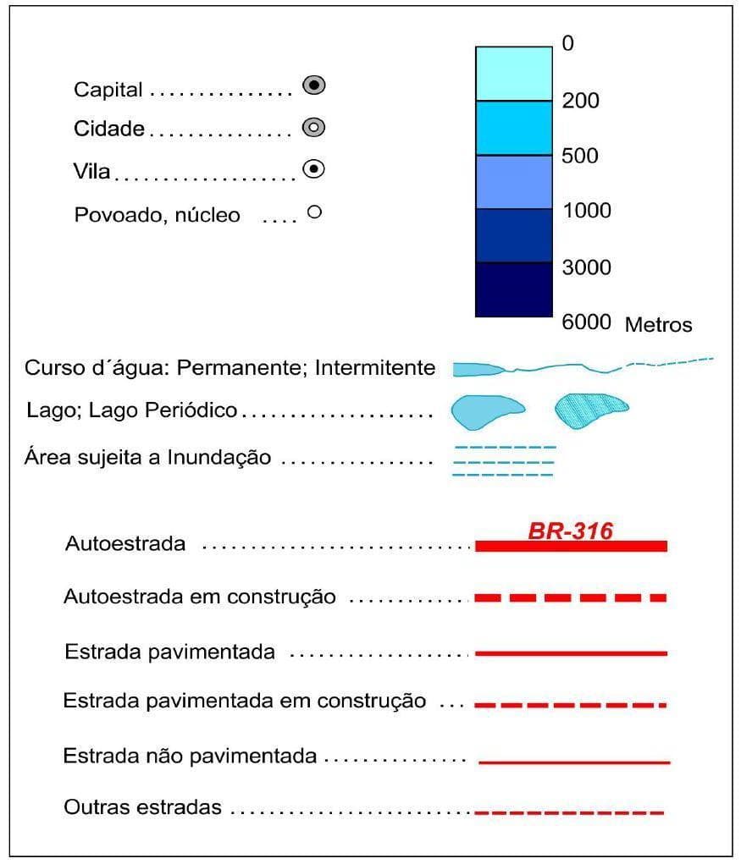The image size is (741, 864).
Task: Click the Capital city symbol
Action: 314,85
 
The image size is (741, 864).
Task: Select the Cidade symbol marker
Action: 314,128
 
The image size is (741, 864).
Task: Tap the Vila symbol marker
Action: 314,169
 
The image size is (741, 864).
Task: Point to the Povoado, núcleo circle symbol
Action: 314,212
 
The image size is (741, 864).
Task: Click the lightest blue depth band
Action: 513,74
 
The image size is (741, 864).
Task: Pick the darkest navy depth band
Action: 513,289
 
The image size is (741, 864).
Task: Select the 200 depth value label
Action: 580,101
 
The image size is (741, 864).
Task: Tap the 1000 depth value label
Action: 586,211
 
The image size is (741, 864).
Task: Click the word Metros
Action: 658,325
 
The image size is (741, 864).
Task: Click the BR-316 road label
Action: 570,531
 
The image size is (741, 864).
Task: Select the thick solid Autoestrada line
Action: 571,547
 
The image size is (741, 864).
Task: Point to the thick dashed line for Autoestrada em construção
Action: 571,598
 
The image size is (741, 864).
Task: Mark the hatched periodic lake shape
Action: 590,410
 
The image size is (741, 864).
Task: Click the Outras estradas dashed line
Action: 569,813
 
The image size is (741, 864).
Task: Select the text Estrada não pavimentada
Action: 190,756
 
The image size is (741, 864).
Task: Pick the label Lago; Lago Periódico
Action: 132,411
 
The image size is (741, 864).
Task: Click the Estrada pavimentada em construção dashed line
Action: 571,705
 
